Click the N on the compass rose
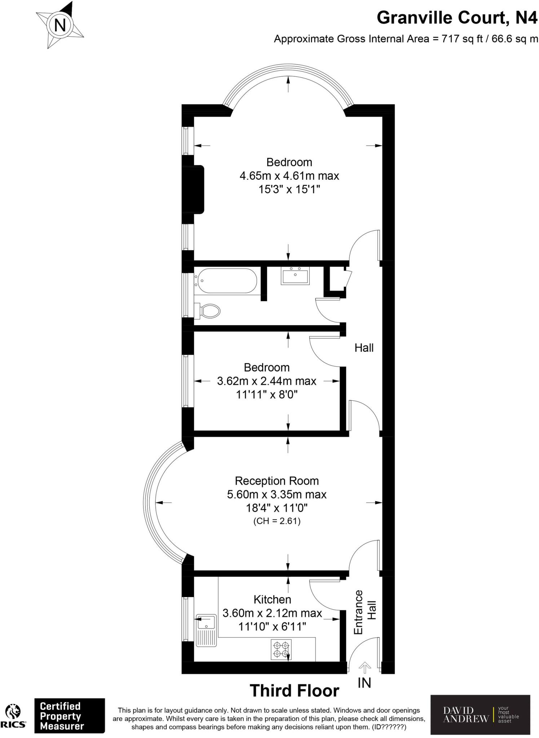pyautogui.click(x=60, y=26)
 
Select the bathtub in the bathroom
pyautogui.click(x=226, y=280)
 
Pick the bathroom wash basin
pyautogui.click(x=295, y=276)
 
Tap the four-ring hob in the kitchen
pyautogui.click(x=281, y=650)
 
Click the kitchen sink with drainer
pyautogui.click(x=206, y=630)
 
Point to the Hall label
pyautogui.click(x=364, y=348)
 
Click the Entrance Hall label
pyautogui.click(x=365, y=612)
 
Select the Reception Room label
pyautogui.click(x=277, y=481)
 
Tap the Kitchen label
pyautogui.click(x=272, y=599)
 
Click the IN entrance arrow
pyautogui.click(x=365, y=667)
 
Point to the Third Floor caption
pyautogui.click(x=295, y=691)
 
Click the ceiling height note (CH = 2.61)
pyautogui.click(x=277, y=521)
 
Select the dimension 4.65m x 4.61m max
pyautogui.click(x=289, y=176)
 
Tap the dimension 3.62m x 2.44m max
pyautogui.click(x=266, y=381)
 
